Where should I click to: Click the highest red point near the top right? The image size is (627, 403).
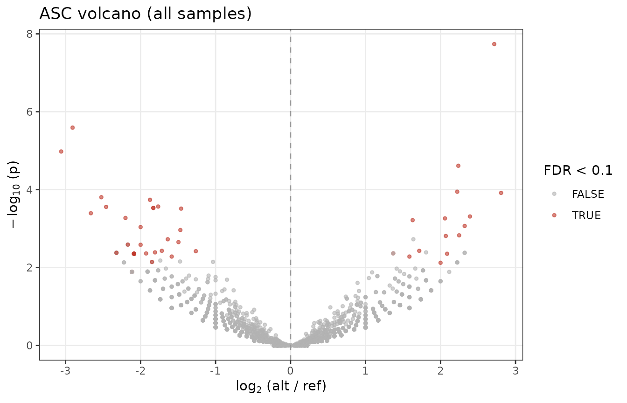(494, 44)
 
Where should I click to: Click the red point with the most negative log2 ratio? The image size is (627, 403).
(61, 152)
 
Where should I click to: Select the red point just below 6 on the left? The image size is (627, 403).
(72, 128)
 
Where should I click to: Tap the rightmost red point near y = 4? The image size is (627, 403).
(501, 193)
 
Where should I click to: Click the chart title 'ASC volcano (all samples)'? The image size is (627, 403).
(146, 14)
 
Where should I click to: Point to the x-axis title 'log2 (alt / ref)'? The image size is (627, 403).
(281, 386)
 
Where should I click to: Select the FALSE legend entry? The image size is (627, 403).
(578, 194)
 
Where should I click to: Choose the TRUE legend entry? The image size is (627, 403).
(577, 215)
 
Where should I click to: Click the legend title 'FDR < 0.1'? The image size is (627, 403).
(578, 170)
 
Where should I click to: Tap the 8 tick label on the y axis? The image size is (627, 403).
(29, 34)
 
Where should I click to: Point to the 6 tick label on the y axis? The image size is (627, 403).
(29, 112)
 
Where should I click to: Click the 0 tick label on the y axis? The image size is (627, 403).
(29, 346)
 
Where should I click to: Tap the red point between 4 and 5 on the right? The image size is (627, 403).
(458, 166)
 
